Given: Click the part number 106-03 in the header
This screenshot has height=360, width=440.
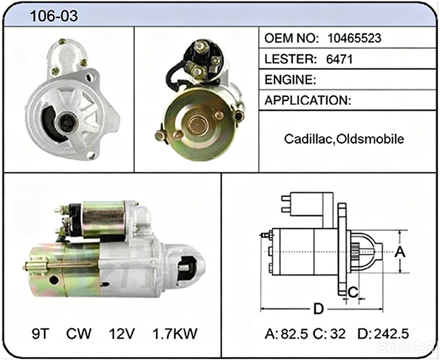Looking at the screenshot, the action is [53, 16].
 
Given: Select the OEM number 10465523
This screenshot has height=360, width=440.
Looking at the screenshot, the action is [354, 38].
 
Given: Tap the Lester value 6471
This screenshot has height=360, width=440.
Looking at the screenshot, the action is [339, 59].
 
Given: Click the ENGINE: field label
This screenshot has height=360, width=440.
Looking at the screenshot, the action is [290, 80].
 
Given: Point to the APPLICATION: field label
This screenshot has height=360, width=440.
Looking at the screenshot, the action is [308, 100].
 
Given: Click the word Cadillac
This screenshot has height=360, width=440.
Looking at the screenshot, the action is [308, 139].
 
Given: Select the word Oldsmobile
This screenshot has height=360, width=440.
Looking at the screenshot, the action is [370, 139].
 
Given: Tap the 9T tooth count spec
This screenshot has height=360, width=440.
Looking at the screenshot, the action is [41, 334].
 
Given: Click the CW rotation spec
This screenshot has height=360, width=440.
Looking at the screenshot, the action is [79, 334].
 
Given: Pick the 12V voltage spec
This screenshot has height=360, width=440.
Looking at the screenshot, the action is [122, 334].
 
